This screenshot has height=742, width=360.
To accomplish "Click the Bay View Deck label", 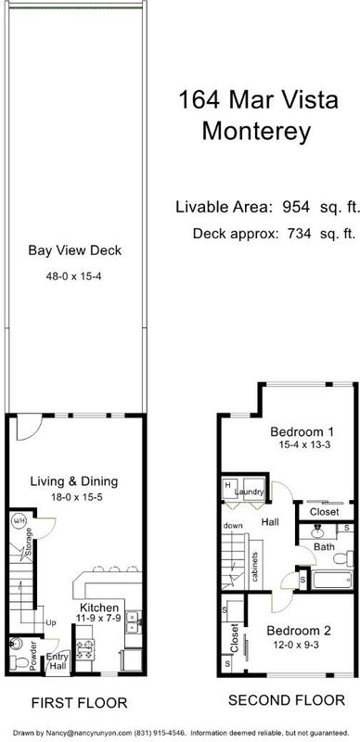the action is click(x=75, y=249).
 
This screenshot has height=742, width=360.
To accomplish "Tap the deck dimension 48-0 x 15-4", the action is click(x=74, y=275).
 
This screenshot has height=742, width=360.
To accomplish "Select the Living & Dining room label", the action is click(x=74, y=481).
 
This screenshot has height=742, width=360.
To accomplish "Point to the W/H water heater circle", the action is click(x=19, y=520).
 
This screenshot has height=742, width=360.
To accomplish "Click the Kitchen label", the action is click(x=99, y=608).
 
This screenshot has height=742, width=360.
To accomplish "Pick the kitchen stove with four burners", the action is click(x=84, y=648).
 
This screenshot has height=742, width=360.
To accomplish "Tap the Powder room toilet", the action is click(x=19, y=662).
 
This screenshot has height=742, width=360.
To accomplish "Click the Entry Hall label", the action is click(x=58, y=661).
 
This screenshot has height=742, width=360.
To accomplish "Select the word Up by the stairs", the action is click(x=51, y=622).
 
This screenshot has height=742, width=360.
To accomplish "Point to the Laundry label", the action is click(x=250, y=493).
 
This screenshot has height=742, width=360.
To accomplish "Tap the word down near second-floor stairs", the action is click(x=233, y=525).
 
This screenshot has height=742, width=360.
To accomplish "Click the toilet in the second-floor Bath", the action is click(x=343, y=558).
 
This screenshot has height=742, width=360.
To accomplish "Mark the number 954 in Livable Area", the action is click(x=296, y=207).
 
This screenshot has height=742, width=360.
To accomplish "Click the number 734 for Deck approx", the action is click(x=297, y=234).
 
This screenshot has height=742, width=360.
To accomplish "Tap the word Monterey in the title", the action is click(x=256, y=131).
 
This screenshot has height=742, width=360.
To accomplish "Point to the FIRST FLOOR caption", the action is click(x=80, y=703).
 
